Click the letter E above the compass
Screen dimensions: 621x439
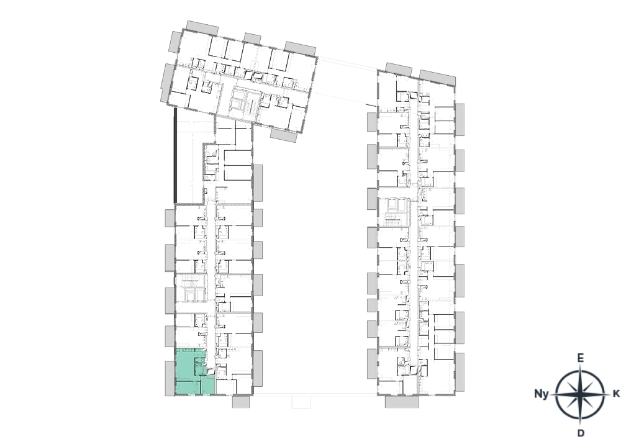580,358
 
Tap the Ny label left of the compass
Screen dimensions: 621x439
541,394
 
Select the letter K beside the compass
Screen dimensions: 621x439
616,394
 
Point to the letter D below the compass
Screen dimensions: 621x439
581,433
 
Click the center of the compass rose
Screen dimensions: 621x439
580,394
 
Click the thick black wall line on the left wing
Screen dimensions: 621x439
175,156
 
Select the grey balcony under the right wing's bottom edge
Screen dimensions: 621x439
402,402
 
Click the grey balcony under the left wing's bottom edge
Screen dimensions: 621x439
241,402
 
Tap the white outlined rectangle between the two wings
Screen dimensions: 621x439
301,402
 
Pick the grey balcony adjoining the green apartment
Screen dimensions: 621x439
170,378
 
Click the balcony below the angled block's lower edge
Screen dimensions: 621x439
284,136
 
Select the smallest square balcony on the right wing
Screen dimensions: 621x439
371,305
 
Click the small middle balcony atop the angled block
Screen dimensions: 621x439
252,38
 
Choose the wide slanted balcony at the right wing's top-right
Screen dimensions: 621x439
438,78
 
